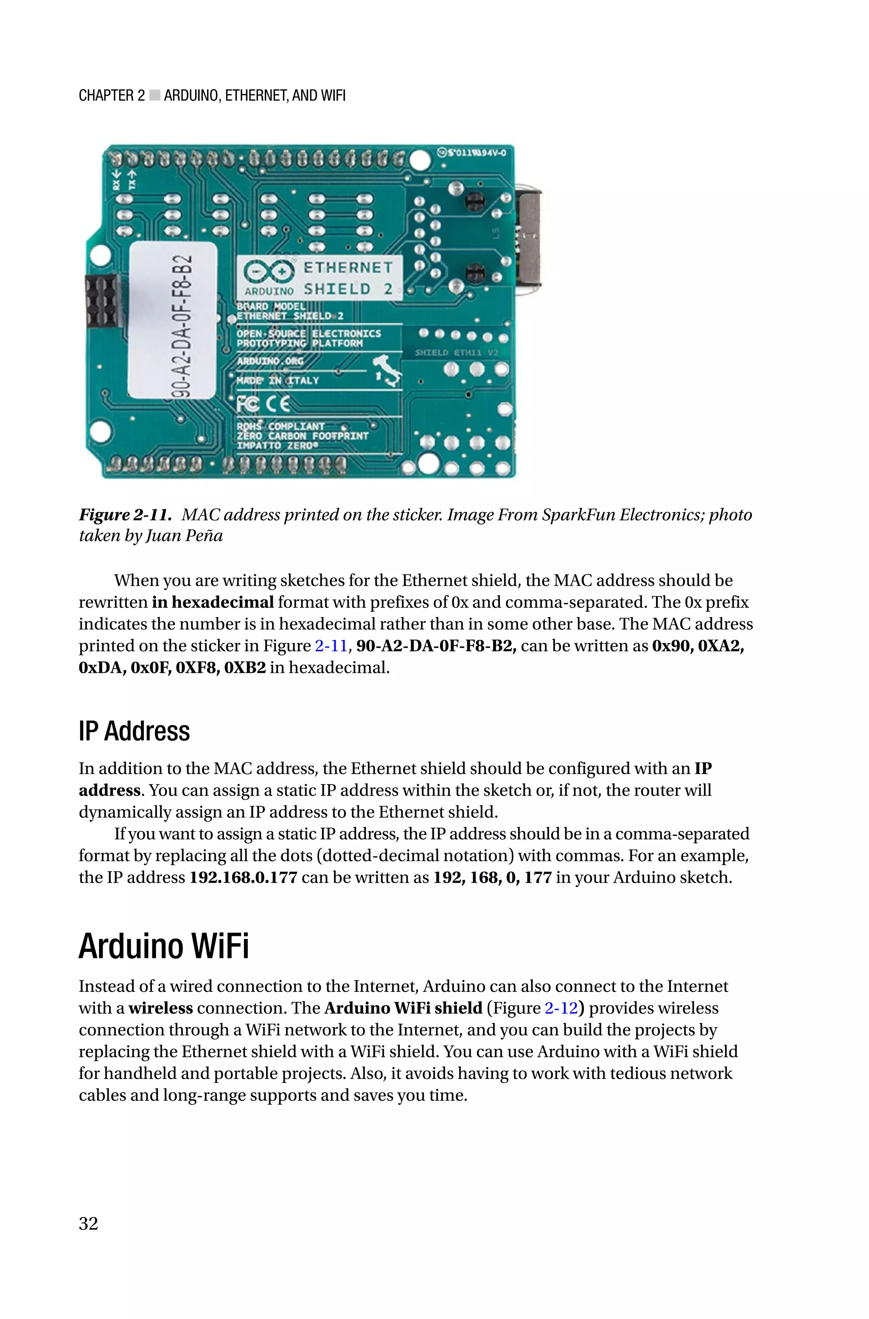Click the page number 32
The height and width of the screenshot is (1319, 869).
pos(89,1223)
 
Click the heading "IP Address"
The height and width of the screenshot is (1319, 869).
pos(134,731)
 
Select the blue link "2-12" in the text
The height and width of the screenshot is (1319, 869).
pos(561,1008)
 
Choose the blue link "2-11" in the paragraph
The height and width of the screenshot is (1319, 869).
pos(331,646)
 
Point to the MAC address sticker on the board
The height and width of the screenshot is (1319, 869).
pos(172,320)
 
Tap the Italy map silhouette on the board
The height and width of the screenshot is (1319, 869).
pos(388,372)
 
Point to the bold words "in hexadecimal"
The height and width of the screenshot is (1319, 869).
pos(213,602)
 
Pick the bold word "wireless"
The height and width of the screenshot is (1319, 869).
pos(161,1008)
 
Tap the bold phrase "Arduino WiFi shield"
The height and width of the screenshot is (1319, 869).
pos(403,1008)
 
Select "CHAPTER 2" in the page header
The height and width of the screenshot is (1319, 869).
pos(112,96)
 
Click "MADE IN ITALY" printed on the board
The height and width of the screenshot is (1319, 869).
pos(278,381)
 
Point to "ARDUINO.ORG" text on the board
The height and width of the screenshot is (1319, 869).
pos(270,361)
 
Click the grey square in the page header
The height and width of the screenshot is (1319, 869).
pos(154,96)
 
